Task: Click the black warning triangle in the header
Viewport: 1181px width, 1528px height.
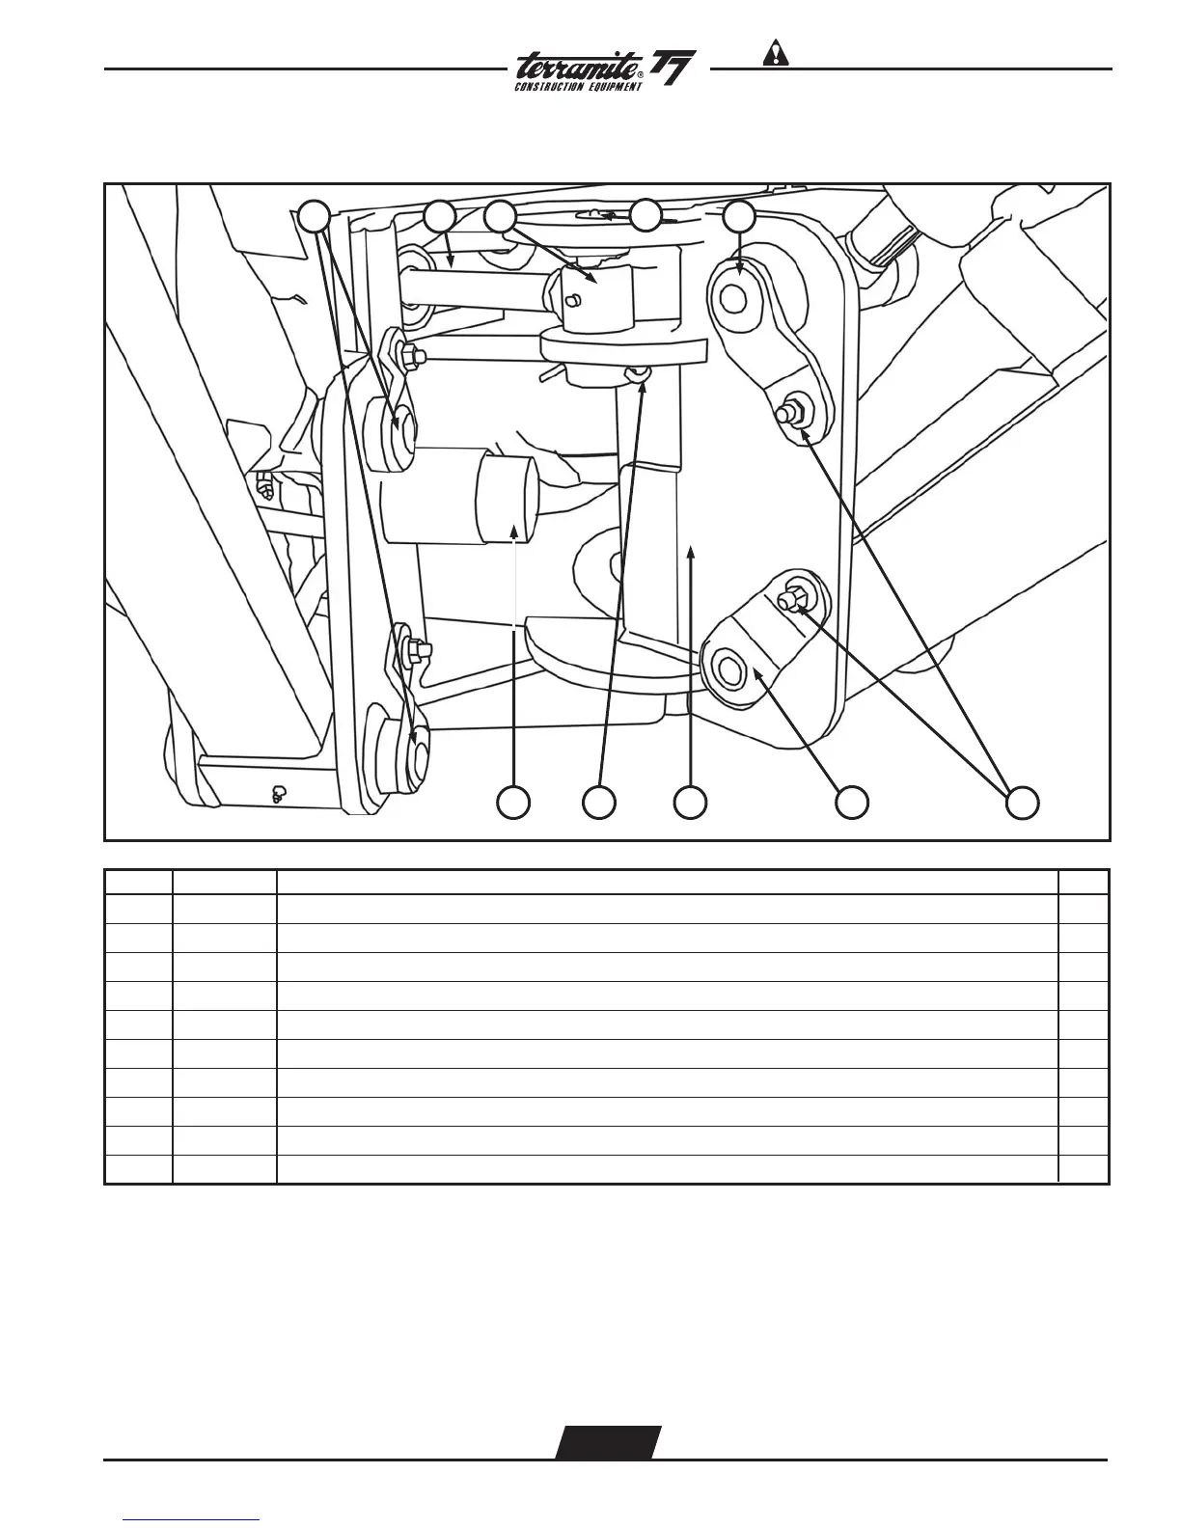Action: [775, 53]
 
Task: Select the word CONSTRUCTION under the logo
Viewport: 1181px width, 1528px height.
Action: [549, 87]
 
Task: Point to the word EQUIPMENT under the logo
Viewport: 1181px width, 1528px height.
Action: [611, 87]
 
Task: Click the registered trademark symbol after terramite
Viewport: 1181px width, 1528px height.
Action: [640, 75]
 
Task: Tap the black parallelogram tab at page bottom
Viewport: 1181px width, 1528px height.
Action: [608, 1442]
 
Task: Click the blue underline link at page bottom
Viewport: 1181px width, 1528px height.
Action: [192, 1521]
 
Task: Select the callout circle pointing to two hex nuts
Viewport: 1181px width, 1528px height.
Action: [1023, 802]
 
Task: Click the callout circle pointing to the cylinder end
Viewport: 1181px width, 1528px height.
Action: [513, 802]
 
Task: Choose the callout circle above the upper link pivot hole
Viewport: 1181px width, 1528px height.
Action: [740, 217]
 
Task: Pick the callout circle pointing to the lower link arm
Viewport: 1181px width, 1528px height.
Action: [852, 802]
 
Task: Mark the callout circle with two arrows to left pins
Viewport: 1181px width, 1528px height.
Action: [313, 217]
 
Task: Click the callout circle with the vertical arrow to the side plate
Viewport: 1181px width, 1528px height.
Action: [690, 802]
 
